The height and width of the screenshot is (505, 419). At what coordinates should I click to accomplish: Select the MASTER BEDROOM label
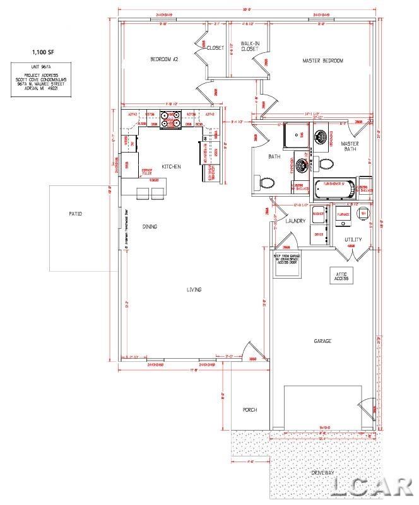pos(323,61)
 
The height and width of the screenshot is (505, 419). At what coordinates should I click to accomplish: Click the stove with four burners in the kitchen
pos(170,119)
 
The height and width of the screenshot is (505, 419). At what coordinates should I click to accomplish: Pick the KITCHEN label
pos(171,166)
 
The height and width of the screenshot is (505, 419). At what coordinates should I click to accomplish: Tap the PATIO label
pos(75,214)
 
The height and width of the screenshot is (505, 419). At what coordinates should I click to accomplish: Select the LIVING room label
pos(194,289)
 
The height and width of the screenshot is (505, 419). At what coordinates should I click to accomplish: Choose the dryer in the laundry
pos(319,233)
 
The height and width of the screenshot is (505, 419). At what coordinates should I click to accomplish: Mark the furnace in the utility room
pos(343,214)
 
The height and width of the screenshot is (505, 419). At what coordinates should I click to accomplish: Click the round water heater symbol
pos(363,214)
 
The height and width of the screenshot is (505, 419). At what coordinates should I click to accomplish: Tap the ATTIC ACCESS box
pos(341,276)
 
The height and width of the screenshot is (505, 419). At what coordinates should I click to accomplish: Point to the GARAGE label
pos(322,341)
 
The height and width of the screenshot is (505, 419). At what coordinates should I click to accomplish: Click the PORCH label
pos(251,410)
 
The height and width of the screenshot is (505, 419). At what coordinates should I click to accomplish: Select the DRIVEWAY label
pos(323,472)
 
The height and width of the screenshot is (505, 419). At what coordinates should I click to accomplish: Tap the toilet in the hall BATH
pos(268,183)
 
